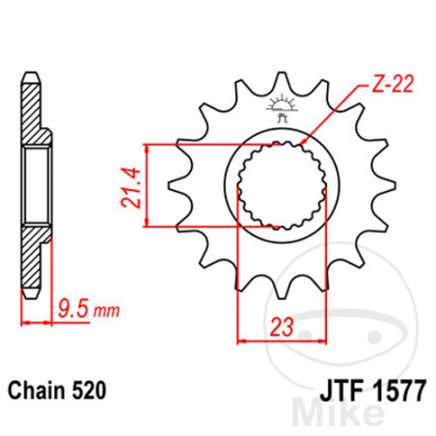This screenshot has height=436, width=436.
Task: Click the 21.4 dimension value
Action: [x=127, y=186]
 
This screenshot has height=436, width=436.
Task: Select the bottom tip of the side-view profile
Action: [x=31, y=294]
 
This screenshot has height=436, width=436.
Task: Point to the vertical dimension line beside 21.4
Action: [x=145, y=186]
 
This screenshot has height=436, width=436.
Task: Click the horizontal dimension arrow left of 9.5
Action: [x=34, y=322]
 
